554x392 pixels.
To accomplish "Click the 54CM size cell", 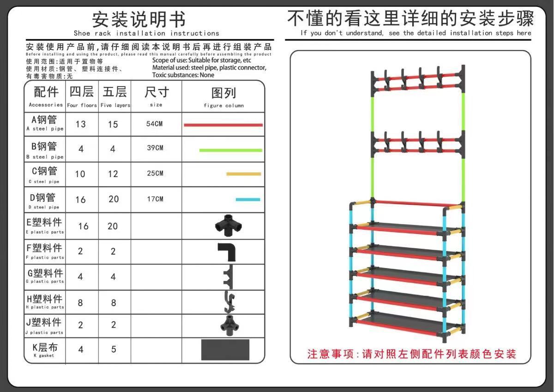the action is [155, 124].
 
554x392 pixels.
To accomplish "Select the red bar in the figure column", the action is [223, 125].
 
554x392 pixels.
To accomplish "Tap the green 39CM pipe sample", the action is [230, 150].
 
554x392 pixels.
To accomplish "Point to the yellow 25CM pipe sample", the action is [243, 174].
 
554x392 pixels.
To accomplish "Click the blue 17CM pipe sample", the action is [247, 200].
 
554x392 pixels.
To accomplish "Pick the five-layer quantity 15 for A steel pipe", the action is [113, 124].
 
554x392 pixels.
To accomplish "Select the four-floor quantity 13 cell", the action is [81, 124].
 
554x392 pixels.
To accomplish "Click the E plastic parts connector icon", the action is [226, 226].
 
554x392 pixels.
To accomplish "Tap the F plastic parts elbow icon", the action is [226, 251].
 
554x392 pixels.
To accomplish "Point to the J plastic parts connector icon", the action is [226, 325].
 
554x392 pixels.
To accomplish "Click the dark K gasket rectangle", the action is [225, 350].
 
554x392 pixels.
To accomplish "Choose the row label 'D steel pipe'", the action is [45, 201].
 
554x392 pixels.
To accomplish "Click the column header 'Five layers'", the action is [115, 97].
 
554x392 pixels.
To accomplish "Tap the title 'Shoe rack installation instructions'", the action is [146, 33].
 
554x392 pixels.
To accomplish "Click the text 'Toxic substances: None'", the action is [183, 75].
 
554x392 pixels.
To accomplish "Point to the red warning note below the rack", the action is [411, 354].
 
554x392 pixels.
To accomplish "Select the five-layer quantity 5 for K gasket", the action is [114, 349].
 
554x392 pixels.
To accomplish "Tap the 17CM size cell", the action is [155, 199].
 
